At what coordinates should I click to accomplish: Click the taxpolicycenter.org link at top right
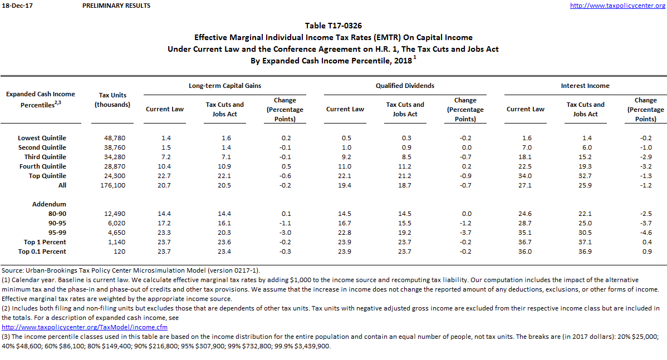[x=618, y=6]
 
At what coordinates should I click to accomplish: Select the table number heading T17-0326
[x=333, y=26]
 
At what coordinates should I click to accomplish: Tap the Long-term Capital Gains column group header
[x=224, y=86]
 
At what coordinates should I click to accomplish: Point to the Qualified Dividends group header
[x=405, y=86]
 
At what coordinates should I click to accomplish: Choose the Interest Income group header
[x=585, y=86]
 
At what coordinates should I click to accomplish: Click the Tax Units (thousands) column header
[x=112, y=100]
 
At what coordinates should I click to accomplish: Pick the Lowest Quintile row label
[x=42, y=138]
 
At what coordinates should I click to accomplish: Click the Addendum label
[x=49, y=204]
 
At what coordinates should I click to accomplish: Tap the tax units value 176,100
[x=113, y=185]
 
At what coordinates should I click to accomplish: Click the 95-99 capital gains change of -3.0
[x=285, y=233]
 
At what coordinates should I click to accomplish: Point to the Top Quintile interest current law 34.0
[x=525, y=176]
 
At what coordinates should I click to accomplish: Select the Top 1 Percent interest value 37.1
[x=585, y=242]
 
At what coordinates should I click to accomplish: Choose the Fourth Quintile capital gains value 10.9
[x=224, y=166]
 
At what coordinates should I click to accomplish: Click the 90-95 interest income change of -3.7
[x=645, y=223]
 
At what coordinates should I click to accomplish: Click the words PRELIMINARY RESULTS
[x=116, y=6]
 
